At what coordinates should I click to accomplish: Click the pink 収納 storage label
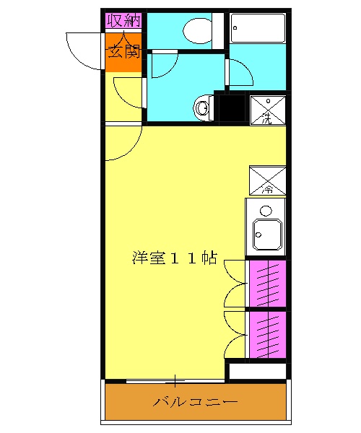(124, 20)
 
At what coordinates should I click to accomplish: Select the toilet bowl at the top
(196, 31)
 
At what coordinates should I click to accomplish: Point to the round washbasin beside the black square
(203, 108)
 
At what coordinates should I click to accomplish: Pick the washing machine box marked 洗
(267, 110)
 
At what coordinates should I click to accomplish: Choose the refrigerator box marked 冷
(267, 180)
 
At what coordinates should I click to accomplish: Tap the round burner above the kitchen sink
(266, 211)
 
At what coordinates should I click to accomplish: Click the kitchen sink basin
(265, 235)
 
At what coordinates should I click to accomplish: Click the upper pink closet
(267, 283)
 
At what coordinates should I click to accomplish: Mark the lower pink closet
(267, 333)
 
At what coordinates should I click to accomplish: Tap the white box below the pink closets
(258, 372)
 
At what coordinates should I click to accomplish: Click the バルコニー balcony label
(195, 402)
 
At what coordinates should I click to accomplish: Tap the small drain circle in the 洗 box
(268, 101)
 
